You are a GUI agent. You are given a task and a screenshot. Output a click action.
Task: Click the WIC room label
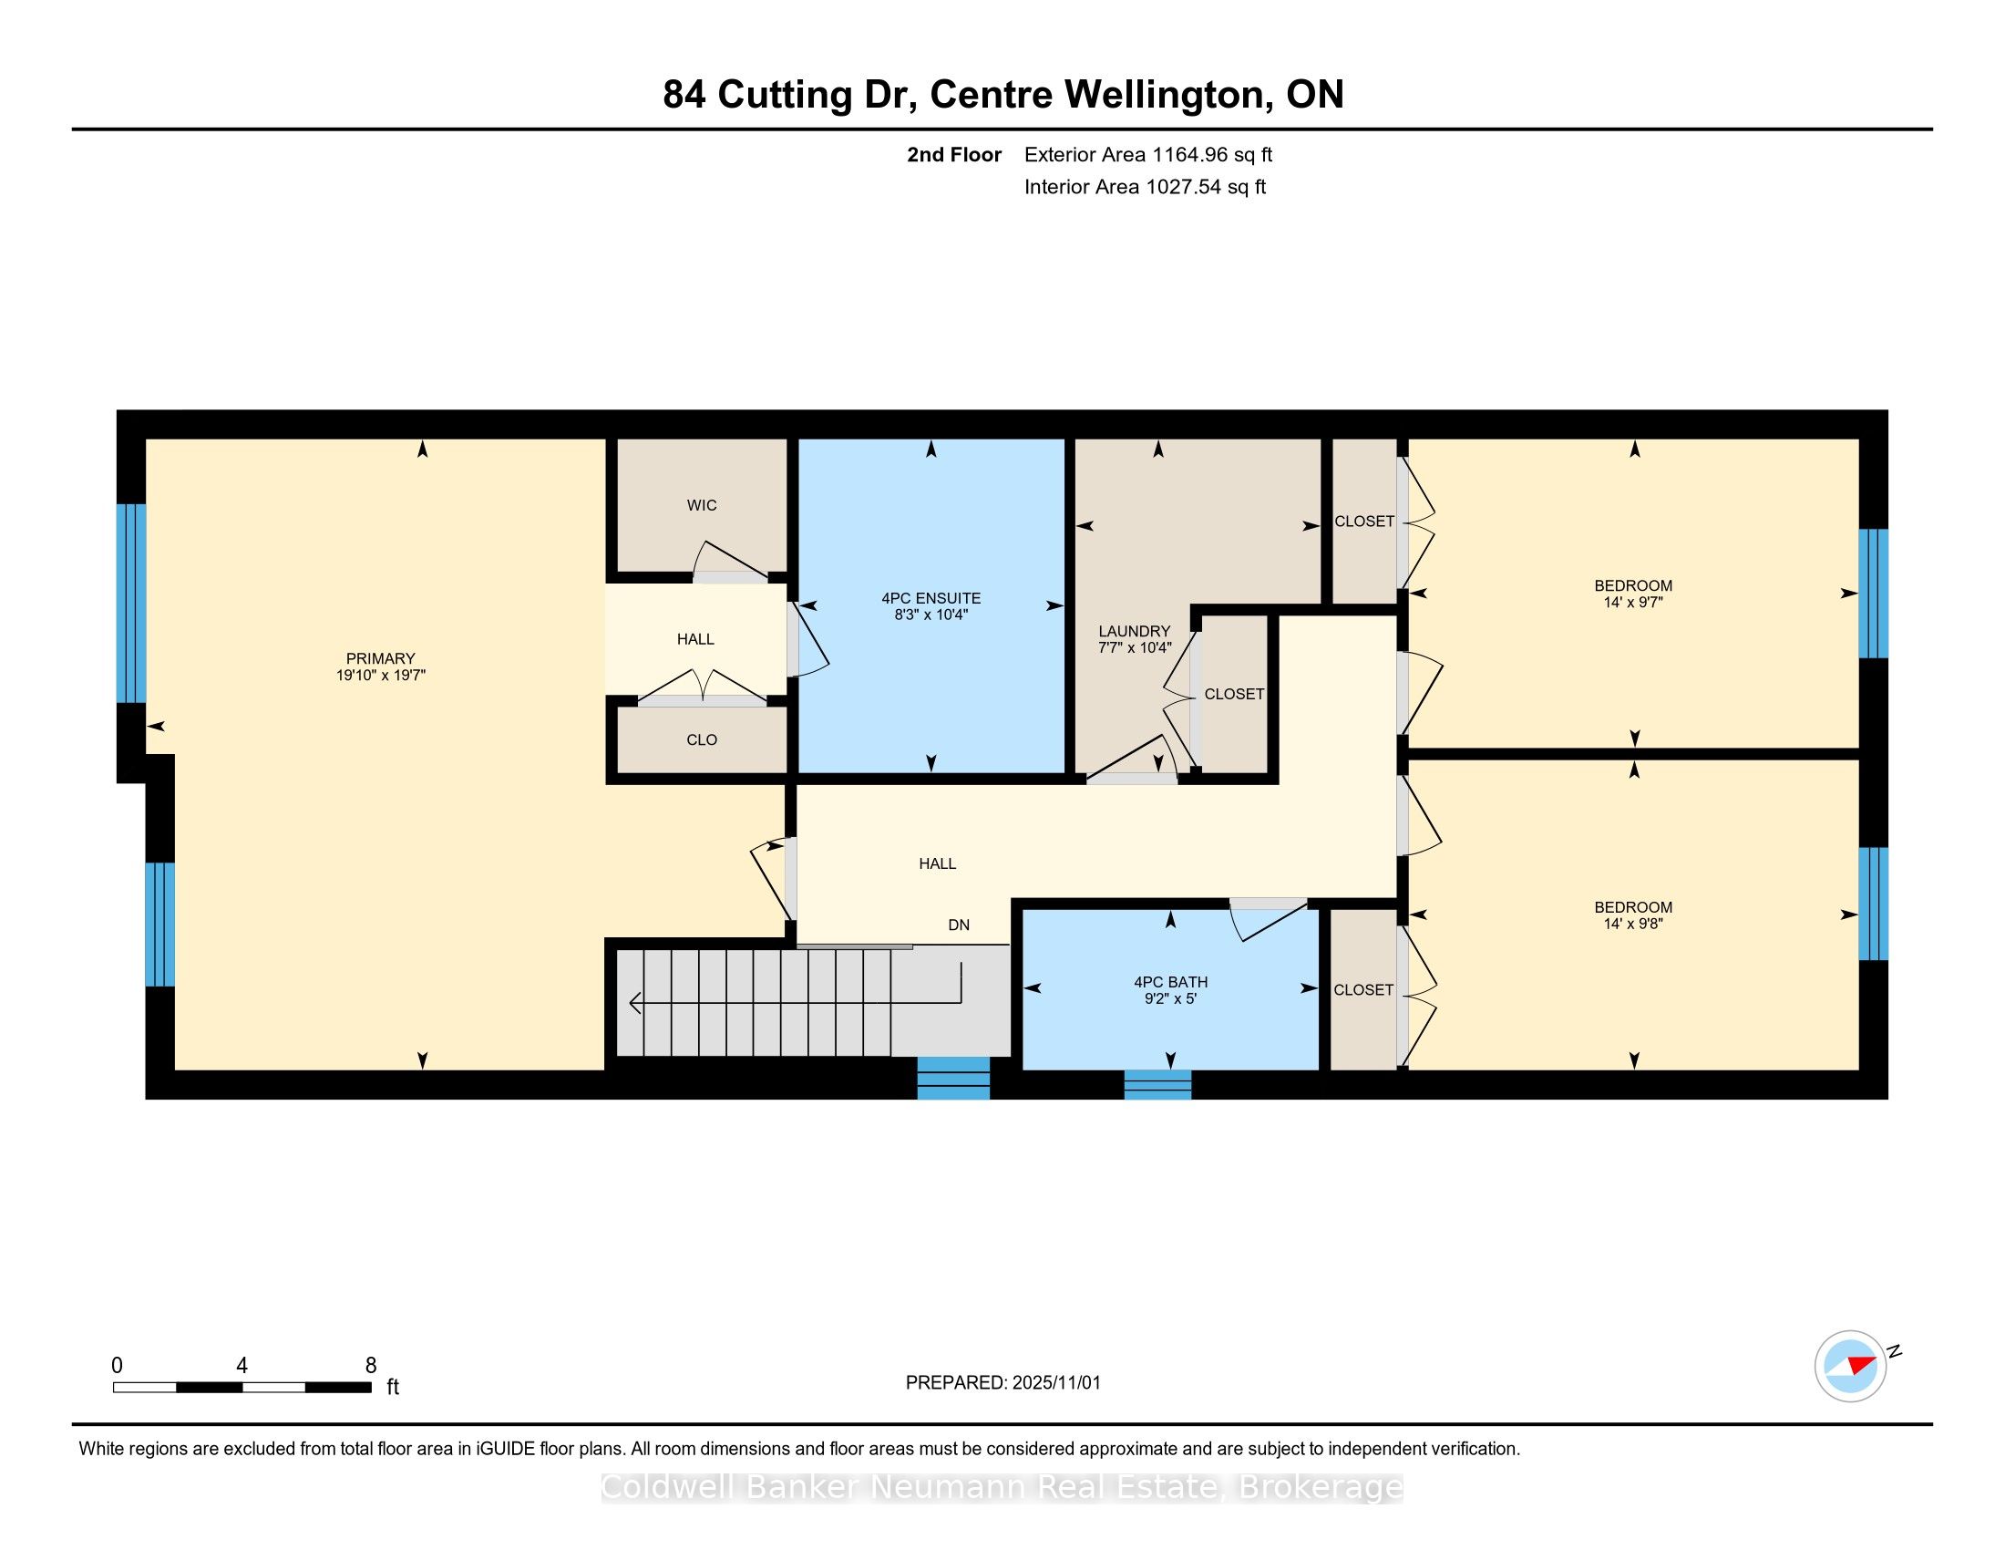tap(702, 505)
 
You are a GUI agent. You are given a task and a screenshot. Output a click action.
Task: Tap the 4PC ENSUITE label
tap(931, 599)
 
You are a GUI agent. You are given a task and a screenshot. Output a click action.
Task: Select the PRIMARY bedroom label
tap(380, 658)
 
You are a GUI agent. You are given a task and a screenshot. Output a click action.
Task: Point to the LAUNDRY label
tap(1135, 631)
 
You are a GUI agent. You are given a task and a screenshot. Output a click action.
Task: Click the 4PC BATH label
tap(1170, 982)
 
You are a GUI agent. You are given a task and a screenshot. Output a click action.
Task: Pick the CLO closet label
tap(702, 740)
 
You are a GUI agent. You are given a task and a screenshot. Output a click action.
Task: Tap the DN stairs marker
tap(959, 925)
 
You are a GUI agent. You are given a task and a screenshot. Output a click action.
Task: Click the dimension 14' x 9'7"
tap(1633, 603)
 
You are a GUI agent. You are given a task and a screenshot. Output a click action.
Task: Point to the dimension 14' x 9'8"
tap(1633, 924)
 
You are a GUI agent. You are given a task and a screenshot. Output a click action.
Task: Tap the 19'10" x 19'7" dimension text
tap(380, 675)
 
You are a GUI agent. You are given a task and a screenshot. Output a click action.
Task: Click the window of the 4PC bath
tap(1157, 1084)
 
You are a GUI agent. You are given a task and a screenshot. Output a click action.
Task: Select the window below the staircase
tap(954, 1078)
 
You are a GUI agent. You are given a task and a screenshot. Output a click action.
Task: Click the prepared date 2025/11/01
tap(1055, 1383)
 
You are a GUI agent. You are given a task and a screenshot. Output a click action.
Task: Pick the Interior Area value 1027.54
tap(1183, 187)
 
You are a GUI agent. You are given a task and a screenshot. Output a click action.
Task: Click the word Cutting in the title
tap(783, 96)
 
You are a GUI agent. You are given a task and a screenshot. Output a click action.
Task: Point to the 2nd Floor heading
tap(954, 155)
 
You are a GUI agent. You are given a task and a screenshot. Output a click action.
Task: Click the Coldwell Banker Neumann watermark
tap(1002, 1487)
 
